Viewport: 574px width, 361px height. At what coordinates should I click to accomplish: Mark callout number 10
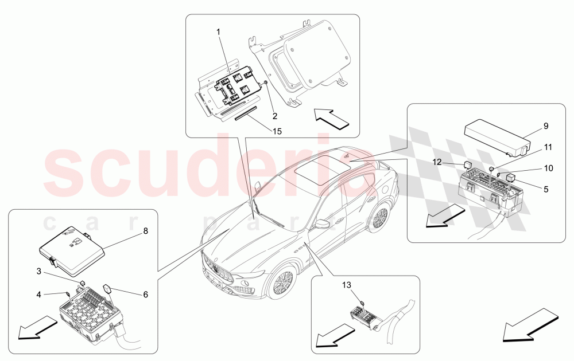click(548, 168)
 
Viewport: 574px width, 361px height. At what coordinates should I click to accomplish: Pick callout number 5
click(545, 187)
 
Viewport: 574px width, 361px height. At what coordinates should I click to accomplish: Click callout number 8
click(145, 232)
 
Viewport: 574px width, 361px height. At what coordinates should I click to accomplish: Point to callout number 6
click(145, 294)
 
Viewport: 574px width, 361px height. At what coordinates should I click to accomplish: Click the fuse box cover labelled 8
click(72, 246)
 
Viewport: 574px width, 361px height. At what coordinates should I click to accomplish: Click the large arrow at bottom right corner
click(531, 325)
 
